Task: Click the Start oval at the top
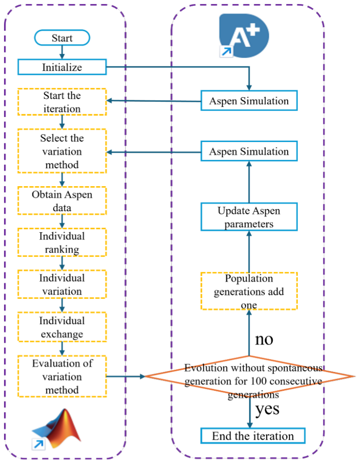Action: tap(62, 38)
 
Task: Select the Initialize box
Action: tap(62, 67)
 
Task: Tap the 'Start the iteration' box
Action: tap(62, 102)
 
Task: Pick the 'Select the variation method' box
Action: tap(62, 151)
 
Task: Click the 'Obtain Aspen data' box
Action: tap(62, 201)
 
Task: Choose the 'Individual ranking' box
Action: tap(62, 242)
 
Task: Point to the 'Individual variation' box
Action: tap(62, 284)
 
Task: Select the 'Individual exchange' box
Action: tap(62, 327)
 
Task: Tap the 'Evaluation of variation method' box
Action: tap(62, 376)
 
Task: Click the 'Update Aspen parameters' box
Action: tap(249, 217)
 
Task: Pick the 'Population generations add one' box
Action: tap(249, 291)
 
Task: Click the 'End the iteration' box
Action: tap(253, 436)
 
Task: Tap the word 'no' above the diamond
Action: tap(264, 340)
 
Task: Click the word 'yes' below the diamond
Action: tap(267, 410)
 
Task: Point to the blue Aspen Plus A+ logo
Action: tap(244, 35)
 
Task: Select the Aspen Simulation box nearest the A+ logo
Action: tap(249, 101)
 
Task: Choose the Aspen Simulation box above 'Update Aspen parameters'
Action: tap(249, 151)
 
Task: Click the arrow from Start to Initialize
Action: tap(62, 52)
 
